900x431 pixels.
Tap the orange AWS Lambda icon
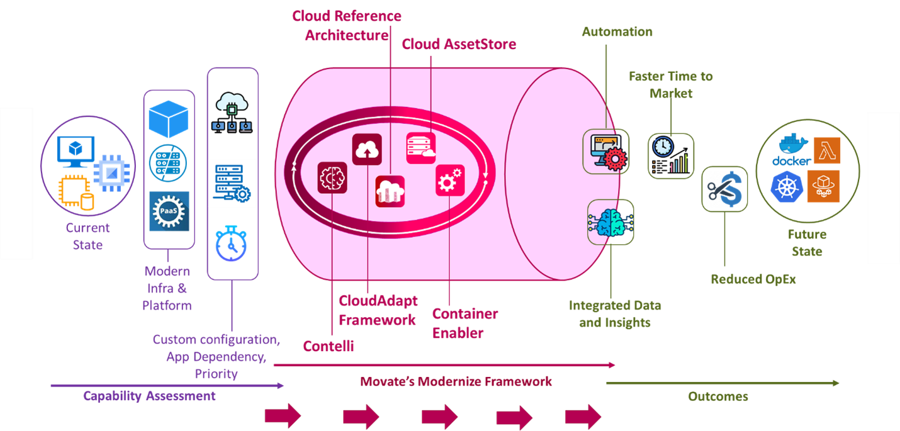826,151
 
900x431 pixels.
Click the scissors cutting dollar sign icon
724,189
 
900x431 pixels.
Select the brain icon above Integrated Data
610,222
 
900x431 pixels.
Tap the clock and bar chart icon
671,156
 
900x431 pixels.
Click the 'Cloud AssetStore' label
459,44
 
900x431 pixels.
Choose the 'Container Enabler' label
465,323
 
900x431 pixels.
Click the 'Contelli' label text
328,346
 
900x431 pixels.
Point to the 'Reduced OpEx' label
753,279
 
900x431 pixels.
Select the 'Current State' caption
87,237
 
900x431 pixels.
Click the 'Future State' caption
807,243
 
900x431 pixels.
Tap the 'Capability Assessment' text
149,396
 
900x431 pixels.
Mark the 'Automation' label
617,31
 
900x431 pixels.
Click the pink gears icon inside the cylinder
450,181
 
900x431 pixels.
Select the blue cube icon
169,119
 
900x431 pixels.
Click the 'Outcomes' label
718,396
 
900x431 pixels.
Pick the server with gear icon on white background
232,183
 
